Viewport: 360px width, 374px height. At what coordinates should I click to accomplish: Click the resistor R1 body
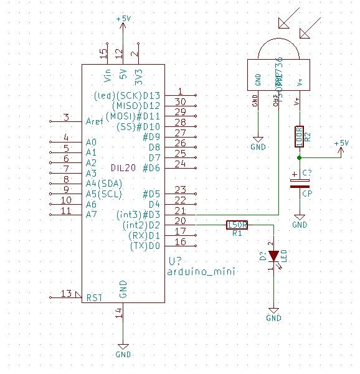coord(237,225)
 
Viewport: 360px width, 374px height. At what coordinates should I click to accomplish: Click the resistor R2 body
coord(299,137)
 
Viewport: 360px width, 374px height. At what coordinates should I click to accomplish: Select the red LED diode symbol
coord(273,256)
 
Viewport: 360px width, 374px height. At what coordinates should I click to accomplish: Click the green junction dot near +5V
coord(300,157)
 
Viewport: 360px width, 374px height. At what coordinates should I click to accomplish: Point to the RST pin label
coord(93,297)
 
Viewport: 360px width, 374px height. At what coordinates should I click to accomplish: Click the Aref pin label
coord(95,121)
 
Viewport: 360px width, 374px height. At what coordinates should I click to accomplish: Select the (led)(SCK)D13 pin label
coord(126,95)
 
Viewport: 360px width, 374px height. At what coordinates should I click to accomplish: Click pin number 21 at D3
coord(181,211)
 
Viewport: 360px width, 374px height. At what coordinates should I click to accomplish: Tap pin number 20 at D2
coord(181,221)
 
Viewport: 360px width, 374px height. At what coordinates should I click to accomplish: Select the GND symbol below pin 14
coord(123,349)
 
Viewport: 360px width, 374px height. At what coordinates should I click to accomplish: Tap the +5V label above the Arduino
coord(123,19)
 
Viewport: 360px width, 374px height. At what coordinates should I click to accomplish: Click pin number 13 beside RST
coord(66,293)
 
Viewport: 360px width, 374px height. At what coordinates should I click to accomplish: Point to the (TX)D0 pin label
coord(144,246)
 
